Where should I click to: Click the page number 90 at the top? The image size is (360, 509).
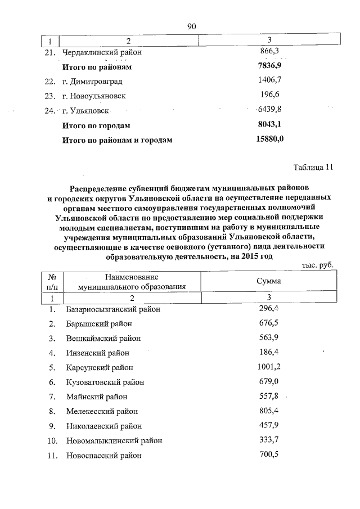click(x=191, y=26)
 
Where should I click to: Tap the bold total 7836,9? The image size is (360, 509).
click(x=269, y=66)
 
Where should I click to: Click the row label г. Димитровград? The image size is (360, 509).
click(x=92, y=81)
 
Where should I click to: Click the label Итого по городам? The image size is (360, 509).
click(x=96, y=125)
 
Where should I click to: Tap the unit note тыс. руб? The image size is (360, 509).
click(x=318, y=264)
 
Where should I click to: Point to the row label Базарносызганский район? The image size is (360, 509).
click(x=113, y=309)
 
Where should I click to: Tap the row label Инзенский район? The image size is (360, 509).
click(x=97, y=353)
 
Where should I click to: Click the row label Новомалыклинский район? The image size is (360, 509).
click(x=110, y=440)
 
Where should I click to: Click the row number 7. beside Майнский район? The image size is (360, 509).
click(x=52, y=397)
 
